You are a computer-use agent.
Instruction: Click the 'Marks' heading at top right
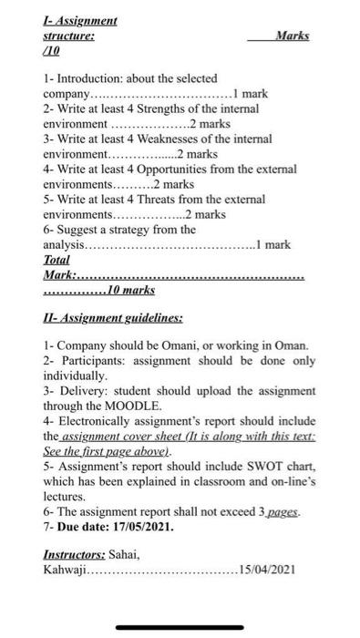[291, 36]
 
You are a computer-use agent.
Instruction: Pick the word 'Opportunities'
[171, 169]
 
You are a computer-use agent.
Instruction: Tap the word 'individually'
[75, 376]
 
